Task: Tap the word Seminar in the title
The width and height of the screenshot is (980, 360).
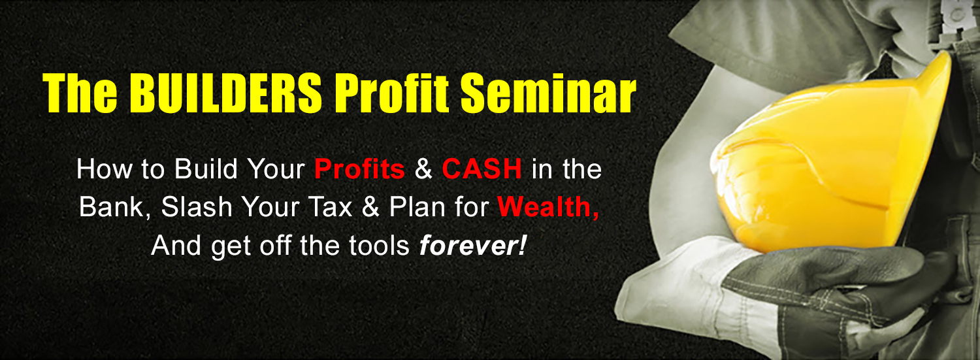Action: (x=548, y=93)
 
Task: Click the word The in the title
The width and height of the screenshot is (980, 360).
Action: (x=80, y=93)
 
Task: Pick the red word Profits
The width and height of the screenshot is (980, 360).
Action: (x=359, y=169)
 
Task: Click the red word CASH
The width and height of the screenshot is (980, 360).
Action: (x=482, y=169)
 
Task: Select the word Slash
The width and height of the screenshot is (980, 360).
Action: (x=197, y=207)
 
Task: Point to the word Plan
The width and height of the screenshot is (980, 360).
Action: (x=417, y=207)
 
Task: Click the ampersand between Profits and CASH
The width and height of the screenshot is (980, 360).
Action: (x=423, y=169)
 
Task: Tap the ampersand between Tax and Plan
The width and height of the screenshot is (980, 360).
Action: (x=371, y=207)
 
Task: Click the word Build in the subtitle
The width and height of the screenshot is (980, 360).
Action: (x=206, y=169)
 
